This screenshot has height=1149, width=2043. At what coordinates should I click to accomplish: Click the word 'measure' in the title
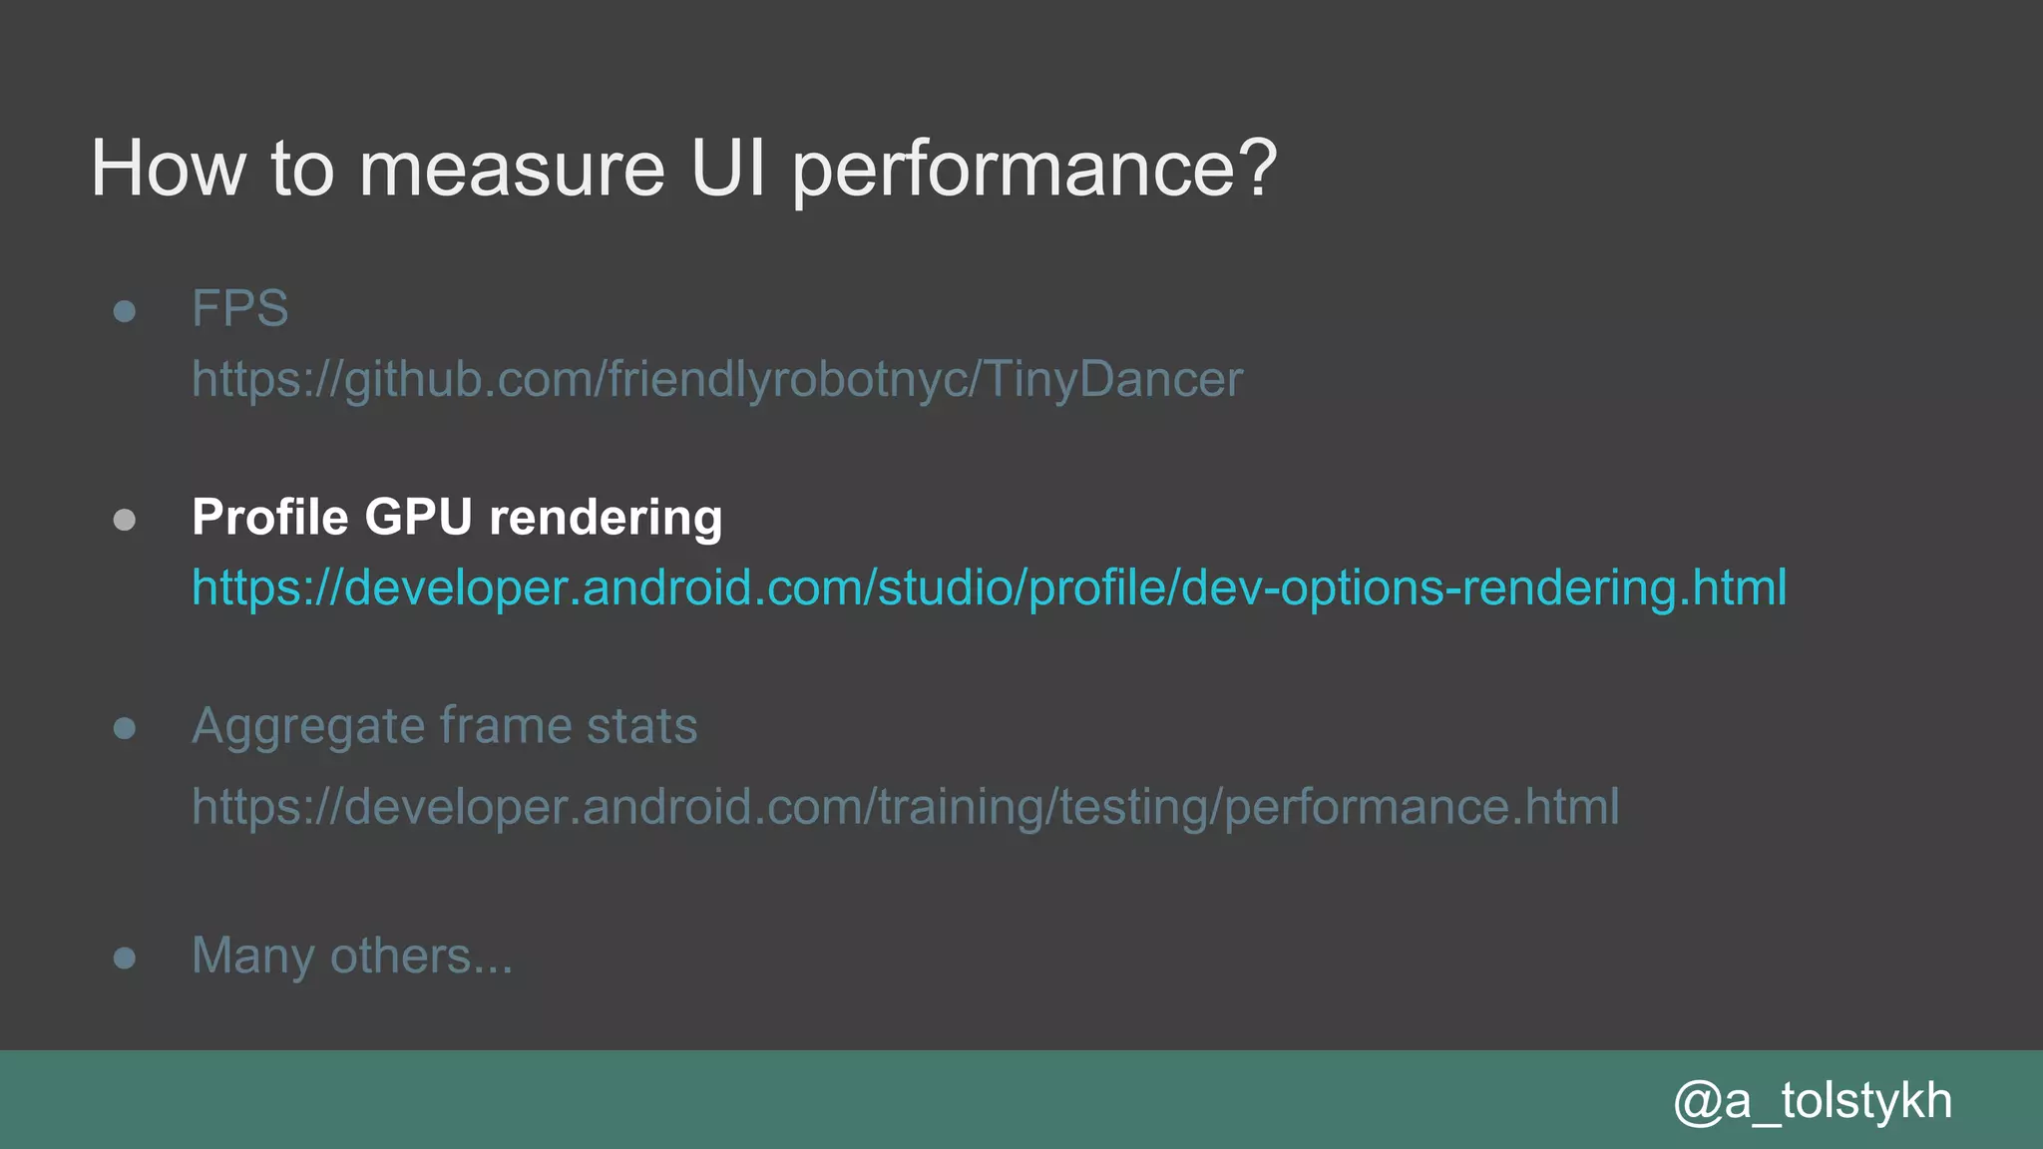pyautogui.click(x=511, y=169)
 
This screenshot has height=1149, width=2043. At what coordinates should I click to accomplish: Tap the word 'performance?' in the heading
pyautogui.click(x=1034, y=169)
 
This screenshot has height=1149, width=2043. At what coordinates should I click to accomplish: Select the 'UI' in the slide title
pyautogui.click(x=728, y=169)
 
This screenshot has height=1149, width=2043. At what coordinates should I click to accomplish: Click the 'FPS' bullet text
pyautogui.click(x=239, y=308)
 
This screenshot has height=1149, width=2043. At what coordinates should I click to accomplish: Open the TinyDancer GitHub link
pyautogui.click(x=716, y=380)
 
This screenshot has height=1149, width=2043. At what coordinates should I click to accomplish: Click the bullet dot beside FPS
pyautogui.click(x=125, y=311)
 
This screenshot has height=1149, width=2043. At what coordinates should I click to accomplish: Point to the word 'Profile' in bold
pyautogui.click(x=269, y=517)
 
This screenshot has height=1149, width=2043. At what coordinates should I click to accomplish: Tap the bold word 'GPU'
pyautogui.click(x=418, y=517)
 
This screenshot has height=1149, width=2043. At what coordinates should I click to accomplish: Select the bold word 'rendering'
pyautogui.click(x=606, y=517)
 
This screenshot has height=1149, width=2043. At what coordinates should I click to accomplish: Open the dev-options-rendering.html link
pyautogui.click(x=988, y=587)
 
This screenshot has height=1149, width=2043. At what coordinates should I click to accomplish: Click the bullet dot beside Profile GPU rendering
pyautogui.click(x=125, y=520)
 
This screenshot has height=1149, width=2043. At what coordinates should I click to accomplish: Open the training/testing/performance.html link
pyautogui.click(x=905, y=807)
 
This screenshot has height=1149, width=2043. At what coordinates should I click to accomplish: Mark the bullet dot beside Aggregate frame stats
pyautogui.click(x=125, y=729)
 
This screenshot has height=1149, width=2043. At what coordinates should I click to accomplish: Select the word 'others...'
pyautogui.click(x=421, y=956)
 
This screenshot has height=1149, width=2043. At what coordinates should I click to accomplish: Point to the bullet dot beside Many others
pyautogui.click(x=125, y=958)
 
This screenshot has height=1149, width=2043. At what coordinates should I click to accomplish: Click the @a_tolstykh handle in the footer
pyautogui.click(x=1812, y=1101)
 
